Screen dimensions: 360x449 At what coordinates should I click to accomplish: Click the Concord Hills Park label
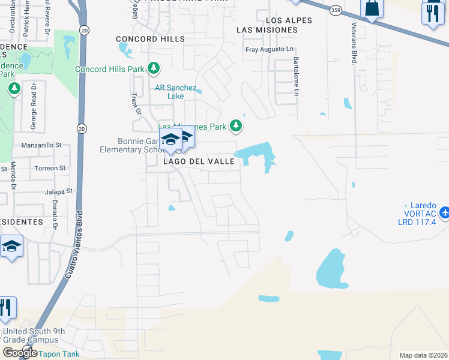point(109,69)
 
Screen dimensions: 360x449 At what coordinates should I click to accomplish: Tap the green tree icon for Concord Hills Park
point(154,68)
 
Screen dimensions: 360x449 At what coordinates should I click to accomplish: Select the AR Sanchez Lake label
point(175,92)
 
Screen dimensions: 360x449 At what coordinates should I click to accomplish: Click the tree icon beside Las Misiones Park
point(237,126)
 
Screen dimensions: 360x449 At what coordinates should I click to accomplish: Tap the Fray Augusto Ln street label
point(270,49)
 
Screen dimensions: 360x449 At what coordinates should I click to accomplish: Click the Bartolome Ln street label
point(296,76)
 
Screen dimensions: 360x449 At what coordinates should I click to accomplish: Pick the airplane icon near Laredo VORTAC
point(444,212)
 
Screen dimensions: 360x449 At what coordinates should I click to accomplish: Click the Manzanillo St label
point(41,145)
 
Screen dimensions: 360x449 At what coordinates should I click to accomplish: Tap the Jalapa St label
point(58,191)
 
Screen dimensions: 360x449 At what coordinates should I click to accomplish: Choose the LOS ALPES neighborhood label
point(291,20)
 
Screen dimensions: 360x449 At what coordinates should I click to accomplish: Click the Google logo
point(20,353)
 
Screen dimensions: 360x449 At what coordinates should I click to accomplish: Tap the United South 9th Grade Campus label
point(34,336)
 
